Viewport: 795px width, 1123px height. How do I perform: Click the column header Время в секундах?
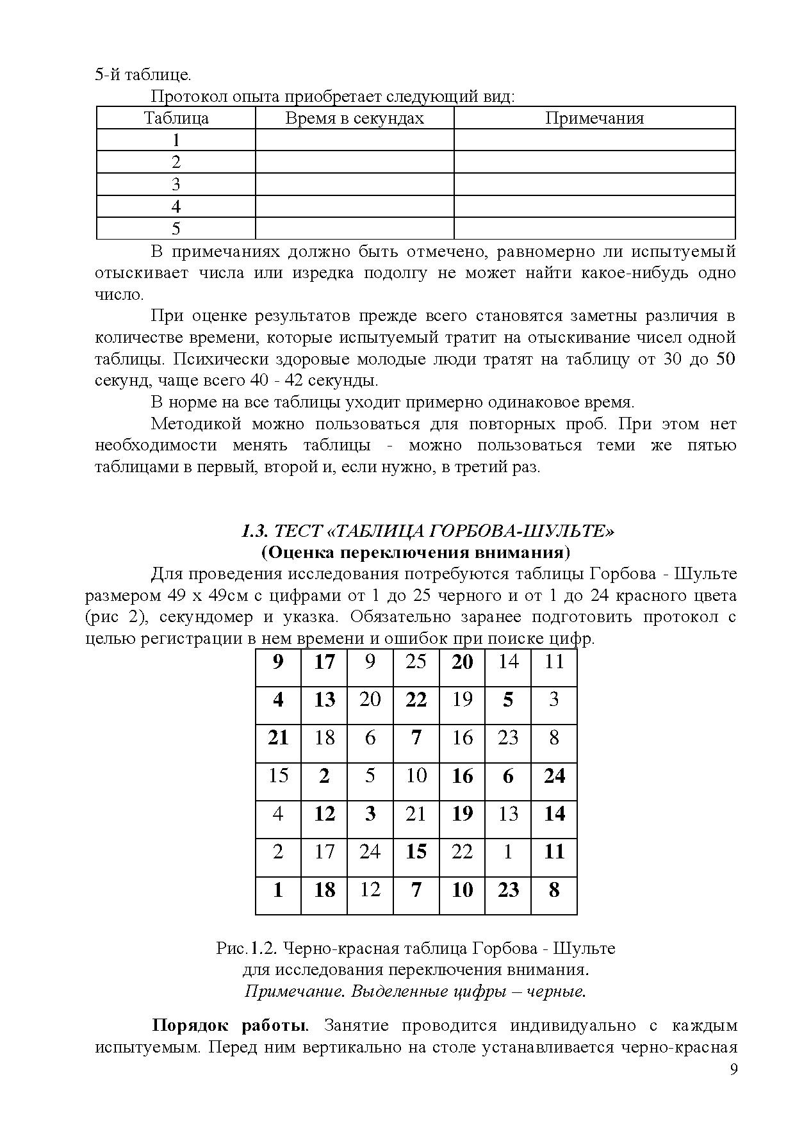pos(354,119)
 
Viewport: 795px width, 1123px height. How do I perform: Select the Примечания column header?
pos(594,119)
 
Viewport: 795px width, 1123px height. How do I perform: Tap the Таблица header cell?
pos(176,119)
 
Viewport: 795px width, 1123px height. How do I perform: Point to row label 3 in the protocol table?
pos(176,184)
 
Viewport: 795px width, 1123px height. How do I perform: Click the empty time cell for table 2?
pos(354,162)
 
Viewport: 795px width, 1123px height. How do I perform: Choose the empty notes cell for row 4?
pos(594,206)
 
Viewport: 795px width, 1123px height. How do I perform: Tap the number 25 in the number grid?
pos(416,661)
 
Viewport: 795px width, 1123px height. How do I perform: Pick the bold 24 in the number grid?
pos(554,776)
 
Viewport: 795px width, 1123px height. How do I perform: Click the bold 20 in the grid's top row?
pos(462,662)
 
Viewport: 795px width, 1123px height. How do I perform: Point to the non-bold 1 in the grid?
pos(508,851)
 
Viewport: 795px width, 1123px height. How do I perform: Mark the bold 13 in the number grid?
pos(325,700)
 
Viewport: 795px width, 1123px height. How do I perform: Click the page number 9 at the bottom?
pos(734,1070)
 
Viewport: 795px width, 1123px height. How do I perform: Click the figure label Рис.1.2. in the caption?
pos(247,948)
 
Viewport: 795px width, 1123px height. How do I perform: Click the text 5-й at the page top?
pos(107,75)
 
